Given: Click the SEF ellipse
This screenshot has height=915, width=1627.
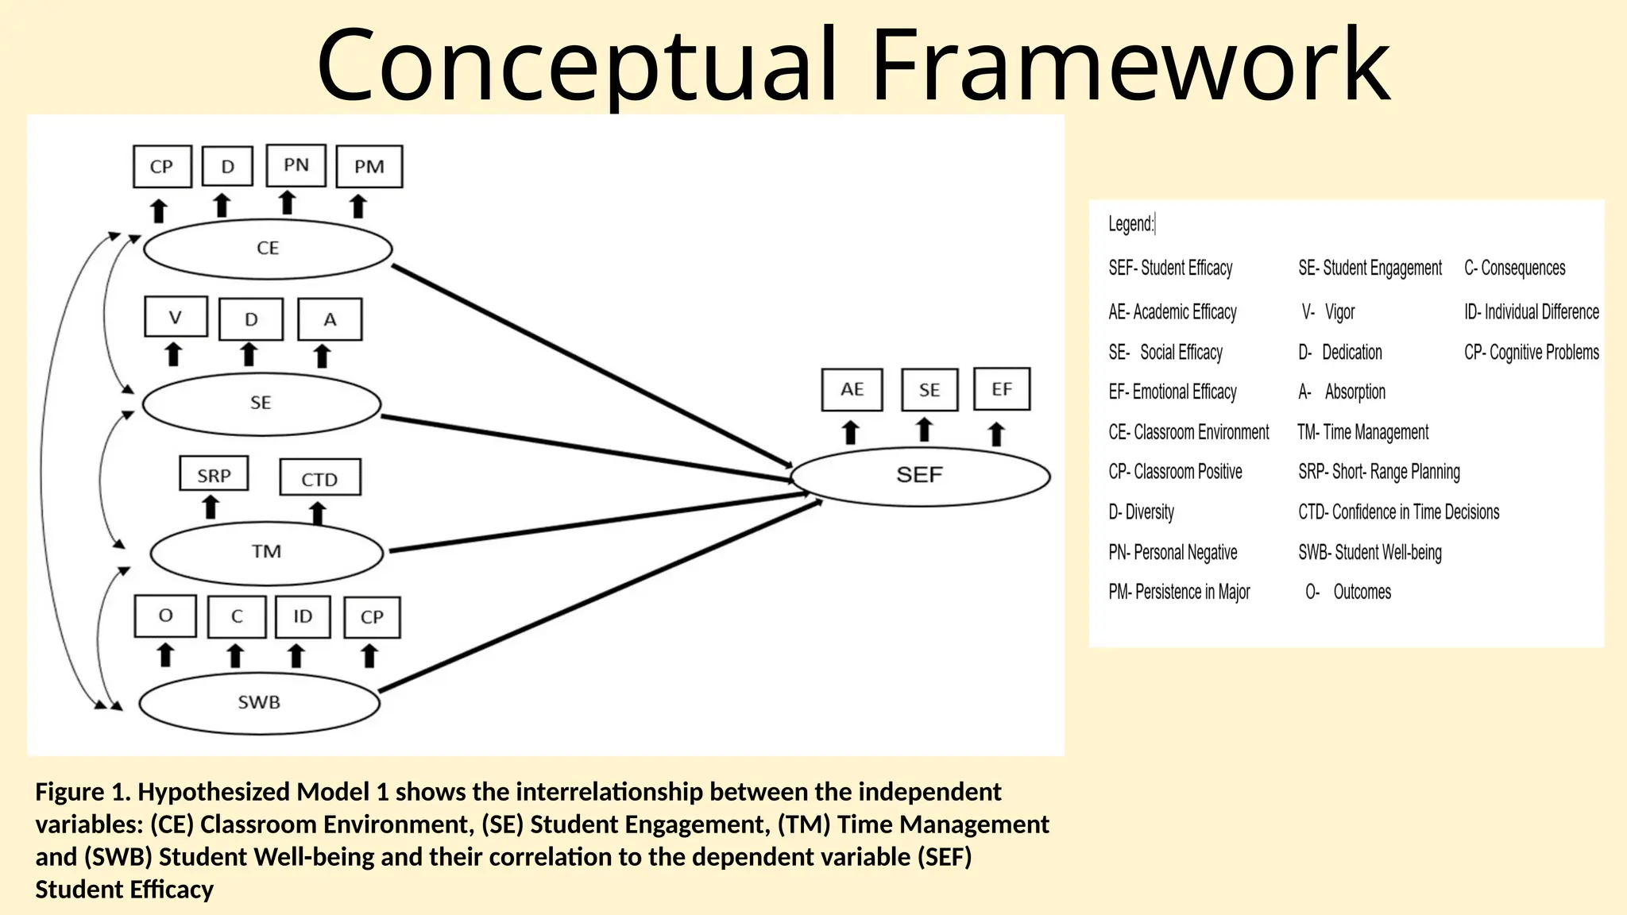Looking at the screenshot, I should click(x=920, y=476).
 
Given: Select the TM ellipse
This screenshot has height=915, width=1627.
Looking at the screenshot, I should click(x=267, y=552).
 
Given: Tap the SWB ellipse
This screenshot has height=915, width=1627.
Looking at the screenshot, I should click(x=259, y=703).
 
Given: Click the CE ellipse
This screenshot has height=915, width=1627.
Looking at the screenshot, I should click(x=268, y=249).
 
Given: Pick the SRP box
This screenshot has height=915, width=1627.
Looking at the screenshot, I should click(x=214, y=474).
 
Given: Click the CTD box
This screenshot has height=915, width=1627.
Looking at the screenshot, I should click(x=320, y=478).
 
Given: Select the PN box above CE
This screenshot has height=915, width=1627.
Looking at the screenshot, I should click(x=296, y=165).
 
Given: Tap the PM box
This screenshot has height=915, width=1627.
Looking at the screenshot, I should click(x=369, y=167).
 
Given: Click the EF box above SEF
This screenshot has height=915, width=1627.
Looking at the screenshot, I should click(x=1001, y=389).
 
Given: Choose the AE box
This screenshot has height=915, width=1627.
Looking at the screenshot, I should click(x=852, y=389).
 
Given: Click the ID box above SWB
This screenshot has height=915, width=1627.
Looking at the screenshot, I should click(x=303, y=617).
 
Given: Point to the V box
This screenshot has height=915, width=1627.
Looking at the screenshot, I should click(x=176, y=318).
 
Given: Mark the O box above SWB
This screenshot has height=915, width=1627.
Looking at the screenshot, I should click(x=165, y=616).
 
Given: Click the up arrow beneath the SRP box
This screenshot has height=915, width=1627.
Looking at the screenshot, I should click(x=211, y=507).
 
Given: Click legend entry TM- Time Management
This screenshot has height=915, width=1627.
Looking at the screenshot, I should click(x=1363, y=432).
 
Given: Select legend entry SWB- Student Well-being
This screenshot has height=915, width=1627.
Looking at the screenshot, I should click(x=1370, y=552).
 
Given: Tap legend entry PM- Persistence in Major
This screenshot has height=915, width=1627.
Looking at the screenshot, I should click(x=1179, y=592).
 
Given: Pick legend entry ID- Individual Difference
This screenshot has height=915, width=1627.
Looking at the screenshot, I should click(x=1531, y=312).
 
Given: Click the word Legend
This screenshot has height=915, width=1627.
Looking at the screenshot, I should click(x=1130, y=224).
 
